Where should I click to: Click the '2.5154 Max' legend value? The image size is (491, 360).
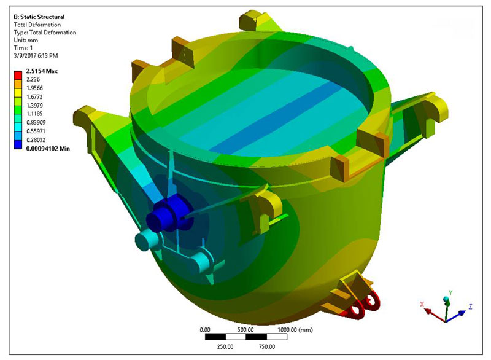(42, 71)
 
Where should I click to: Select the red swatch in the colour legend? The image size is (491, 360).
(18, 75)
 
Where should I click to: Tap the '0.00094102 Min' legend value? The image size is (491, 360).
(48, 149)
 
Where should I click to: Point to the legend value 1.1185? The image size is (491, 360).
(34, 114)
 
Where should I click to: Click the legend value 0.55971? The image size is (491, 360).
(36, 131)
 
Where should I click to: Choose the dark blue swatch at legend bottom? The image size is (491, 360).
(18, 144)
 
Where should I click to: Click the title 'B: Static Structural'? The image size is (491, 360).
(39, 17)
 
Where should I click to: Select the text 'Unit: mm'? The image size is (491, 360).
(26, 40)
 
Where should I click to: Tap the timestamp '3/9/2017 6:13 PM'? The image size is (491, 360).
(36, 56)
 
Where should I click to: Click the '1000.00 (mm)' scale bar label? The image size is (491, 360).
(295, 330)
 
